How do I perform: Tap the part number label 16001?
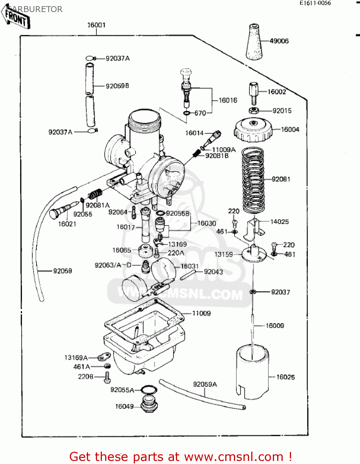coord(96,25)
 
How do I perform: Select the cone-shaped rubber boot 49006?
coord(254,42)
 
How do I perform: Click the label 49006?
coord(279,41)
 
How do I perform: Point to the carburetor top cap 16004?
coord(253,130)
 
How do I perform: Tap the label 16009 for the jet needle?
coord(275,326)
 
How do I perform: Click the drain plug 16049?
coord(149,403)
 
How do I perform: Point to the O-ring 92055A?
coord(149,390)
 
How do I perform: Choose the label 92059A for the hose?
coord(205,384)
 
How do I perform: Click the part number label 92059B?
coord(117,86)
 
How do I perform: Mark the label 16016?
coord(228,100)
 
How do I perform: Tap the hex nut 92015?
coord(254,110)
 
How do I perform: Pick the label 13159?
coord(223,254)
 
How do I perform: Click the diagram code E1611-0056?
coord(315,3)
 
